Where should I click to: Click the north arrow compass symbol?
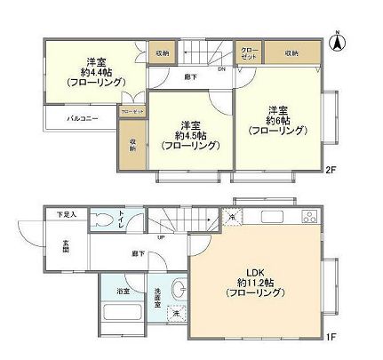pyautogui.click(x=338, y=39)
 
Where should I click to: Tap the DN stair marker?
pyautogui.click(x=221, y=70)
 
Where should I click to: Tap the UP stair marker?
pyautogui.click(x=160, y=237)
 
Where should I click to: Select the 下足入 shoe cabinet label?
pyautogui.click(x=67, y=215)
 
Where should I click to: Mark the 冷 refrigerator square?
pyautogui.click(x=232, y=217)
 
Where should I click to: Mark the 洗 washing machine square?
pyautogui.click(x=175, y=314)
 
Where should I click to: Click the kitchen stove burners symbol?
pyautogui.click(x=309, y=216)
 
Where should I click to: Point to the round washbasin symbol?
pyautogui.click(x=175, y=288)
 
